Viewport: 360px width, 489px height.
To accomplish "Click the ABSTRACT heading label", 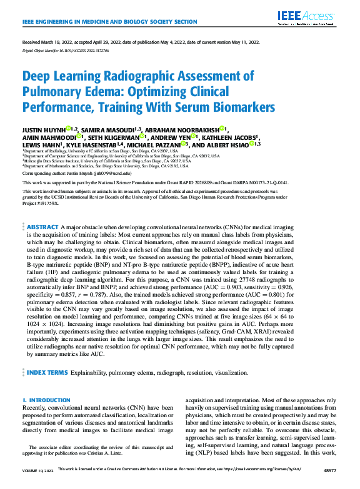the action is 42,226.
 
